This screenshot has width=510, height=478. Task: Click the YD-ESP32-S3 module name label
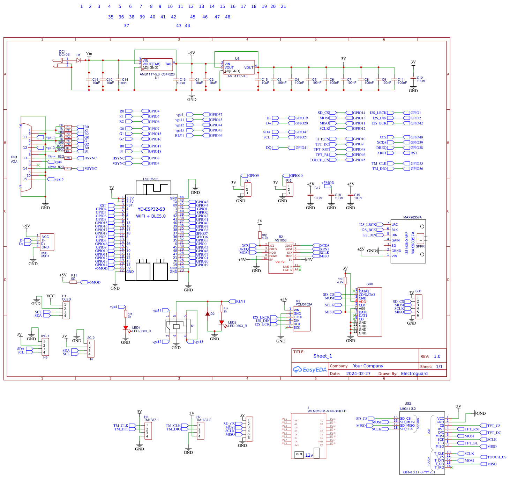(x=151, y=209)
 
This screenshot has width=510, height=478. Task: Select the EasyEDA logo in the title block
(x=310, y=370)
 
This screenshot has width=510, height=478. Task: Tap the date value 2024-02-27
(x=358, y=374)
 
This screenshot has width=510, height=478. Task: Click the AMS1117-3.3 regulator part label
(x=237, y=76)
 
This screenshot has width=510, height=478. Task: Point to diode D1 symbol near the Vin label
(x=78, y=60)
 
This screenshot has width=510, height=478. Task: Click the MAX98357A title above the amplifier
(x=412, y=217)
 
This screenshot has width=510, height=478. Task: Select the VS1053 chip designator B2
(x=280, y=237)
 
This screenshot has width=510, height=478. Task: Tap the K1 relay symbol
(x=177, y=326)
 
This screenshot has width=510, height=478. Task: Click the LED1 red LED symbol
(x=126, y=328)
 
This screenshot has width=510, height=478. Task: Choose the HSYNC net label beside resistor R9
(x=90, y=158)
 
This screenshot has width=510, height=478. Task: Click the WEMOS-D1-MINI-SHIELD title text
(x=327, y=411)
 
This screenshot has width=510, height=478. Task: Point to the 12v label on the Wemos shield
(x=309, y=455)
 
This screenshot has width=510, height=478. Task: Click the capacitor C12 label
(x=420, y=78)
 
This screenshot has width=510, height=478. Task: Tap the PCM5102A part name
(x=304, y=304)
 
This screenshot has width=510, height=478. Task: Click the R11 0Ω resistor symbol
(x=73, y=282)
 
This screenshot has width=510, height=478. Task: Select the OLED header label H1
(x=64, y=296)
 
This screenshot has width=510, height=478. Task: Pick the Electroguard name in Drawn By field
(x=414, y=374)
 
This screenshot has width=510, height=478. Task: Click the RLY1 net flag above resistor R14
(x=240, y=302)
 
